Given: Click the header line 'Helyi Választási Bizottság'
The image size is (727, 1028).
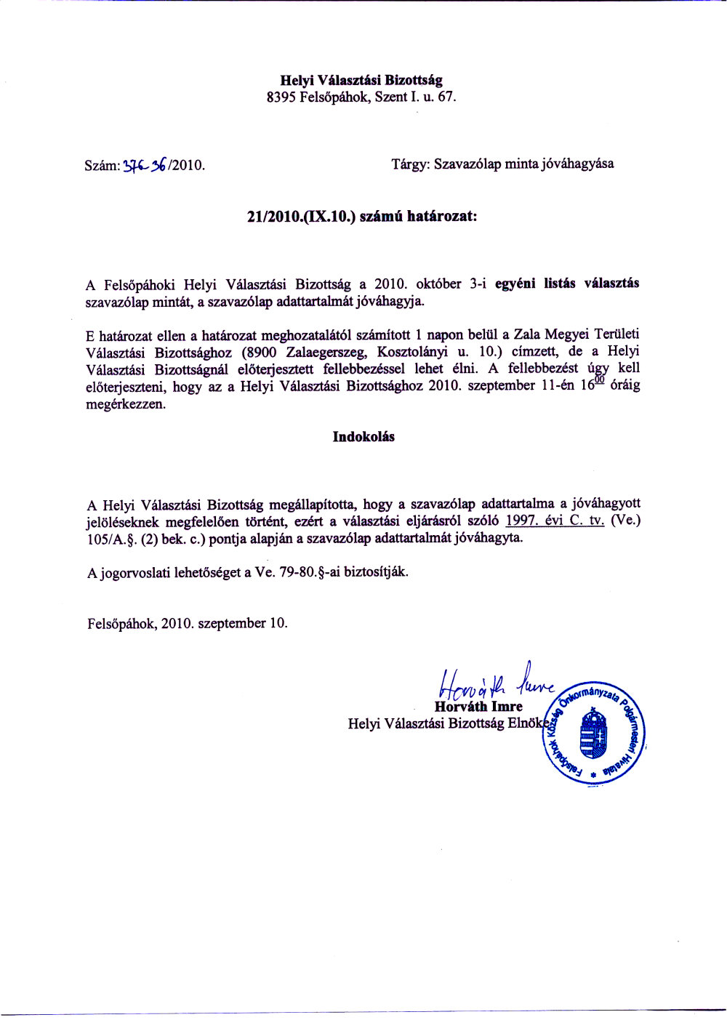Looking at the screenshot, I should pos(361,81).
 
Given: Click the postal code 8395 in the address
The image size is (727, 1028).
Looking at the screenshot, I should pos(281,97).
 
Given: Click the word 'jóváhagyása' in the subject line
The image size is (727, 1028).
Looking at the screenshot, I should pos(577,164).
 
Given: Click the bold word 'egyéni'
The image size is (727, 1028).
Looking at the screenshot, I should pos(516,284).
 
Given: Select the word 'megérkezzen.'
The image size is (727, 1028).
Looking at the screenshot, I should pos(126,404).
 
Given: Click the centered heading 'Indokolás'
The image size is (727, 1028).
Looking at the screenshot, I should pos(363,437).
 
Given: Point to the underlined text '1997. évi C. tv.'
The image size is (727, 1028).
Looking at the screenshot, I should pos(555,521).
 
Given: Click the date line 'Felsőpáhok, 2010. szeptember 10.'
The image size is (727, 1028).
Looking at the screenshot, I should pos(188,624).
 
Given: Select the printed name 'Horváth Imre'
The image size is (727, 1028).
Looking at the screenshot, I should pos(478,707).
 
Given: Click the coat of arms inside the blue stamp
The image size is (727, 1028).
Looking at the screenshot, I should pos(593,734).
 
